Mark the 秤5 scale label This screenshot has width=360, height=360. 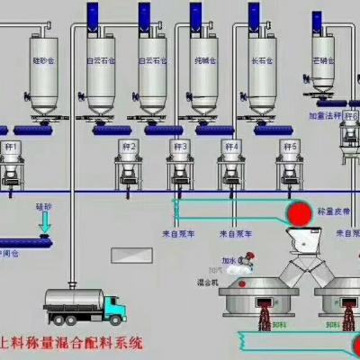click(289, 145)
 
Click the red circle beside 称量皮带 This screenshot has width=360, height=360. click(295, 212)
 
